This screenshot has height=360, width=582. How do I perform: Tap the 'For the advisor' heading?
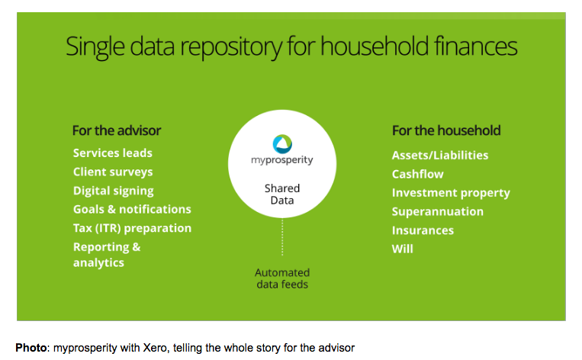click(x=117, y=130)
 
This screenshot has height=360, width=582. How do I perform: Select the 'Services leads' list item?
click(x=112, y=153)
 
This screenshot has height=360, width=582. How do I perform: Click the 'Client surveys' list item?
click(x=113, y=172)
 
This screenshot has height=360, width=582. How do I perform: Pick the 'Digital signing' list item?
click(x=113, y=191)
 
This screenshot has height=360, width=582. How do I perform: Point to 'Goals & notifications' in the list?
click(x=132, y=209)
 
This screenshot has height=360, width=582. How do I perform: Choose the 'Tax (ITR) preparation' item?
click(x=132, y=228)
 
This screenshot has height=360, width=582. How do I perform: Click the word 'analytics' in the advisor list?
click(x=98, y=263)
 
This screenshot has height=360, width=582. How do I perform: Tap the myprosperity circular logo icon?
click(x=282, y=144)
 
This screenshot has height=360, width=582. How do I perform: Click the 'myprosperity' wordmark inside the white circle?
click(x=282, y=160)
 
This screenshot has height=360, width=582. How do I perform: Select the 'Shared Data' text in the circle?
click(x=282, y=194)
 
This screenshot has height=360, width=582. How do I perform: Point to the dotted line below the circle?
click(x=282, y=237)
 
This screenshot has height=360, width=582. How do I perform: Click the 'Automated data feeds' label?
click(x=282, y=278)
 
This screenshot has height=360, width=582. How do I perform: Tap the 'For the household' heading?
click(x=446, y=130)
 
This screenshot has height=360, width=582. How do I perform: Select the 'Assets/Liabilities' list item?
click(x=440, y=155)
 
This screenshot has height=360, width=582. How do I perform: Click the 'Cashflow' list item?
click(x=417, y=174)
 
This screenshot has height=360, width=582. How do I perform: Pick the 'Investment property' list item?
click(x=451, y=193)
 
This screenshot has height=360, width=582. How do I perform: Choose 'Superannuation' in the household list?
click(x=438, y=212)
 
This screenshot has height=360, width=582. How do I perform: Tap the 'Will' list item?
click(x=402, y=249)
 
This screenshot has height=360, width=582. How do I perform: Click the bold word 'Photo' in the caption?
click(x=31, y=348)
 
